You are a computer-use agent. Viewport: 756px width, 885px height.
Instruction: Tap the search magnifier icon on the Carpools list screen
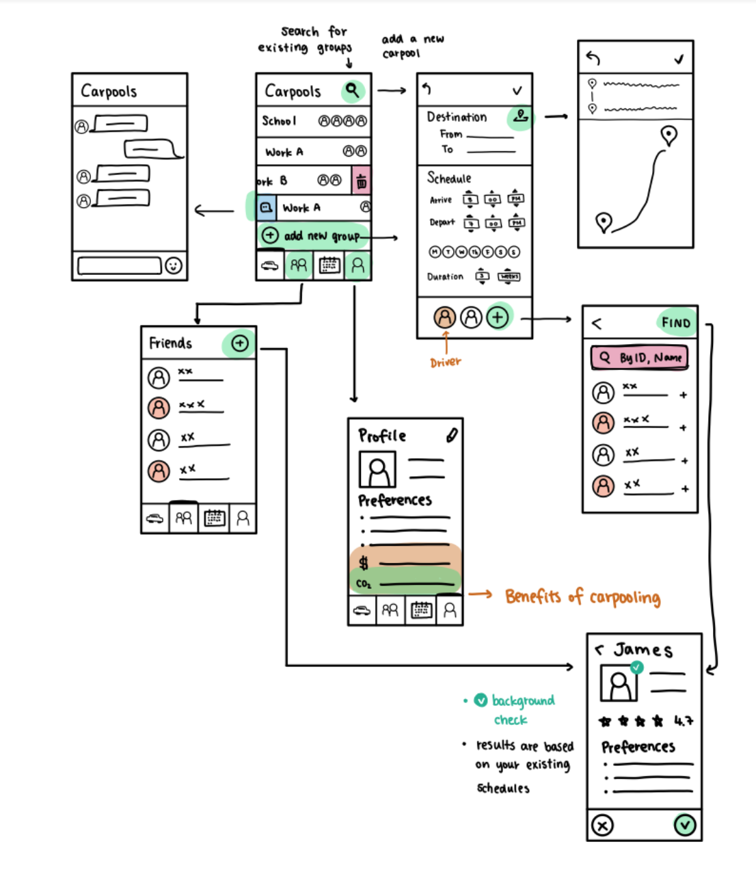tap(352, 90)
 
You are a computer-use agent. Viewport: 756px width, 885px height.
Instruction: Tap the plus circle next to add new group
tap(270, 235)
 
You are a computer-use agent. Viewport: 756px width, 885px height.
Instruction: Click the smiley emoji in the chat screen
tap(174, 265)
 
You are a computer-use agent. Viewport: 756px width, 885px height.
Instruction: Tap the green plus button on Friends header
tap(240, 343)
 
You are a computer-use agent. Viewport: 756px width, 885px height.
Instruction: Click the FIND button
tap(675, 323)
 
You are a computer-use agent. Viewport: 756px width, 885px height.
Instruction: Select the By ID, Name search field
tap(640, 357)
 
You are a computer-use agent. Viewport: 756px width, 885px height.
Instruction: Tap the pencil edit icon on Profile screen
tap(451, 435)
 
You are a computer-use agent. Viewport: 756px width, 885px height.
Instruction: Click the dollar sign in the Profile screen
tap(364, 563)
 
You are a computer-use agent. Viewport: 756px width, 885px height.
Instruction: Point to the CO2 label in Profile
tap(364, 583)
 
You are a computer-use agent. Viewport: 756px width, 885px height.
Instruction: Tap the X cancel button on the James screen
tap(602, 825)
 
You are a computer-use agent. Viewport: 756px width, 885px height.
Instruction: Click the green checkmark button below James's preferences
tap(684, 825)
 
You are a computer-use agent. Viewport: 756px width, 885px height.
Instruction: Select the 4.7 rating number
tap(684, 720)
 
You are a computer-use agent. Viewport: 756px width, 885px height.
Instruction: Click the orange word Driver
tap(446, 362)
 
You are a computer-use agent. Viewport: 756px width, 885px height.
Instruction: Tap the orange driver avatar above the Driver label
tap(444, 317)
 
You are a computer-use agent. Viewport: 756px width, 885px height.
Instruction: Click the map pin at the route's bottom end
tap(604, 222)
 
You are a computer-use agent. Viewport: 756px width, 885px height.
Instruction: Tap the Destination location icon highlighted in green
tap(521, 116)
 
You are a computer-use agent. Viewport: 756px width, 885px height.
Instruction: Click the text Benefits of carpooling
tap(582, 597)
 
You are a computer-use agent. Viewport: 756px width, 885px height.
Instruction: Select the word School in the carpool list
tap(280, 121)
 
